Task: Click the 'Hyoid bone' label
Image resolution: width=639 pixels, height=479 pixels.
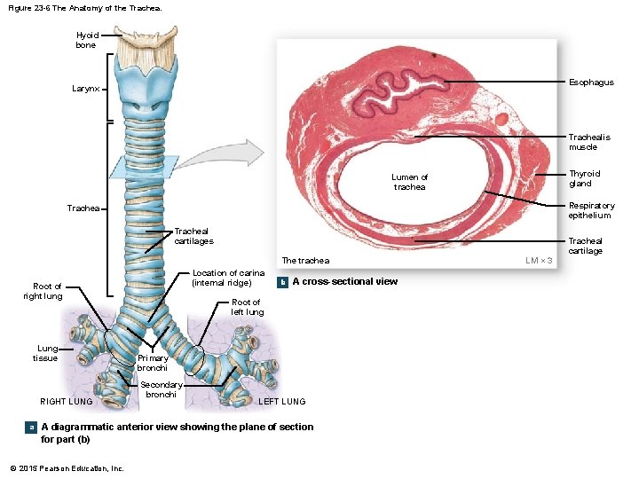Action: click(86, 40)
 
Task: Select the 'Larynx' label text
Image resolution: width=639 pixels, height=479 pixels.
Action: click(86, 90)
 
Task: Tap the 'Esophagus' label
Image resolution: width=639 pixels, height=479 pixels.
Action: click(592, 82)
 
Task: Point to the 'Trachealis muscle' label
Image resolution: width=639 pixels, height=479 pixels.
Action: click(589, 142)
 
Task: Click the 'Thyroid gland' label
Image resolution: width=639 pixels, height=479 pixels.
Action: click(585, 178)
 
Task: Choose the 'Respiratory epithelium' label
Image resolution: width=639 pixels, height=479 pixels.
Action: click(591, 210)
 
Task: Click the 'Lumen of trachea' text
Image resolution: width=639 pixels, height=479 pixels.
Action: click(410, 182)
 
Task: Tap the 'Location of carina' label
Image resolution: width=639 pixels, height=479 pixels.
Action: click(228, 278)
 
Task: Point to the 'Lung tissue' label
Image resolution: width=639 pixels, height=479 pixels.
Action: click(46, 353)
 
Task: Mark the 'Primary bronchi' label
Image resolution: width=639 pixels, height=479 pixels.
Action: click(153, 363)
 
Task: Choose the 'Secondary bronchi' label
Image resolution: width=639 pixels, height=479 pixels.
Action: click(162, 389)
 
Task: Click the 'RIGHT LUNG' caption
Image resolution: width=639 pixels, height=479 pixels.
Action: click(67, 402)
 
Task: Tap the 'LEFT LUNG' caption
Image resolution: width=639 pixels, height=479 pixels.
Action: click(281, 402)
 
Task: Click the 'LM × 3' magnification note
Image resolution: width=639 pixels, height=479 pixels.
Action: click(540, 260)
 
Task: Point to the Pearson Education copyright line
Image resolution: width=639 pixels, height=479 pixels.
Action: click(67, 467)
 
